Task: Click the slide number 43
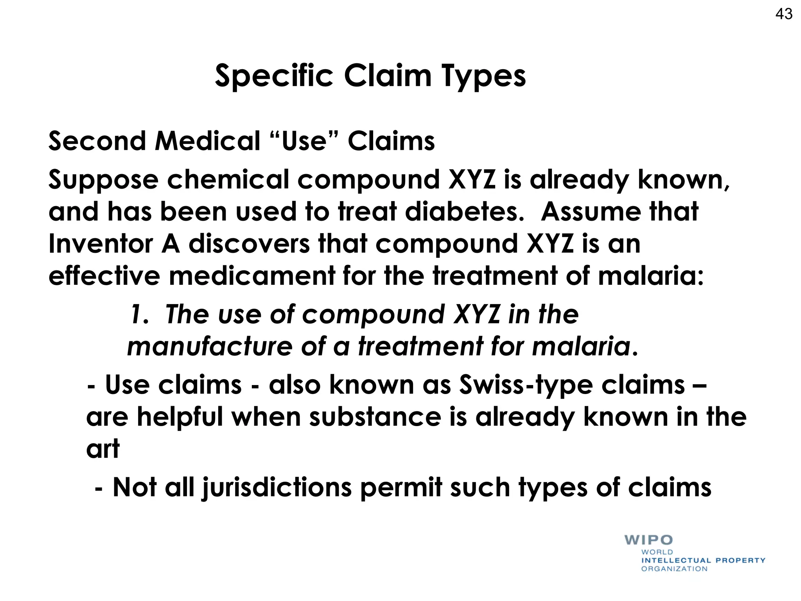(784, 14)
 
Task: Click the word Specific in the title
(274, 76)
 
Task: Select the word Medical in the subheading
(207, 141)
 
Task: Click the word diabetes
(464, 212)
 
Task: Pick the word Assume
(591, 212)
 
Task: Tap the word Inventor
(101, 244)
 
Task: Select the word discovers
(249, 244)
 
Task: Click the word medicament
(252, 276)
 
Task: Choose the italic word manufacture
(210, 347)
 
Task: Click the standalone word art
(102, 449)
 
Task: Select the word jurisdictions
(277, 488)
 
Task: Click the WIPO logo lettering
(648, 540)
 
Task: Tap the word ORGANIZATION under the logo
(674, 569)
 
